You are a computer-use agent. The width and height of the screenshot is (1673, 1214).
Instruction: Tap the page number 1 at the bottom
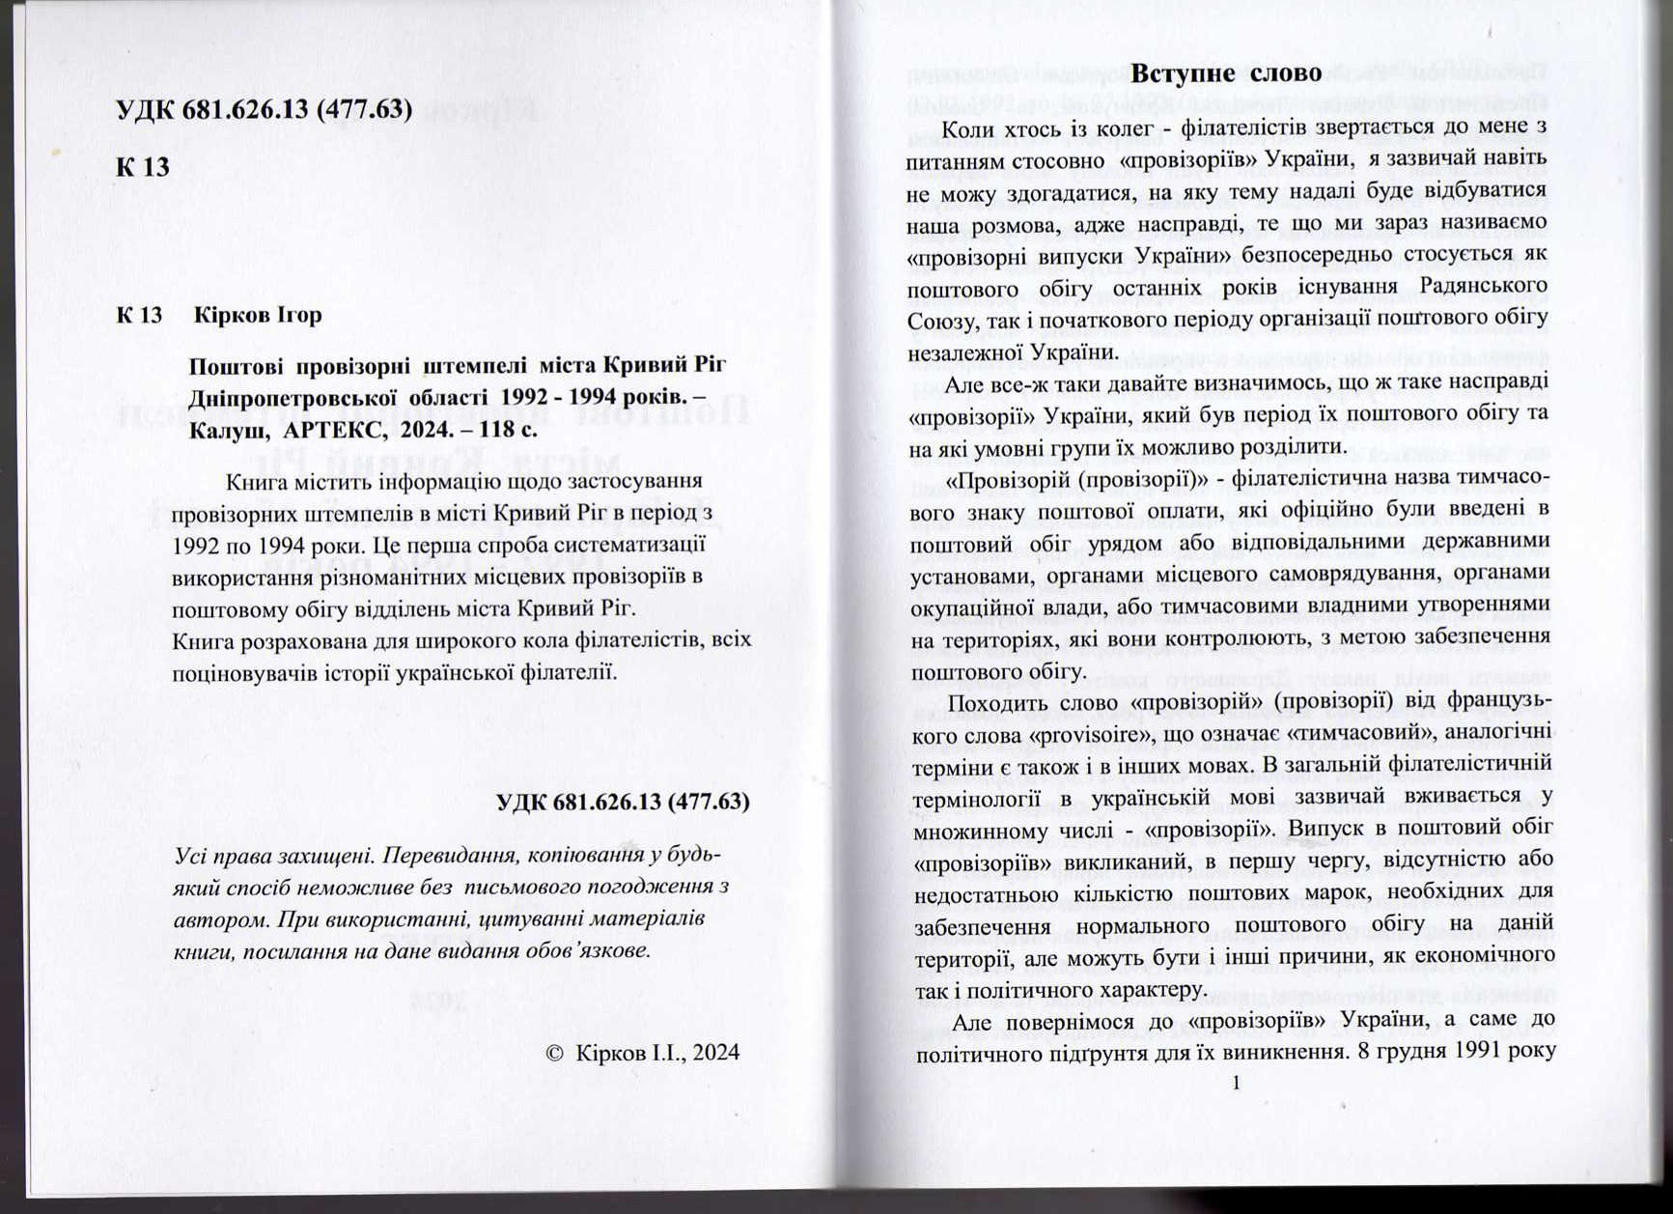coord(1236,1083)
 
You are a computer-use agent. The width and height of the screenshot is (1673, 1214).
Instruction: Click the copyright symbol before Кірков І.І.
coord(554,1053)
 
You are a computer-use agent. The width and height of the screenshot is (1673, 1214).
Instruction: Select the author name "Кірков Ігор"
coord(258,315)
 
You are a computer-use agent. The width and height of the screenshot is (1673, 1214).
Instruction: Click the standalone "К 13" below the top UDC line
coord(143,167)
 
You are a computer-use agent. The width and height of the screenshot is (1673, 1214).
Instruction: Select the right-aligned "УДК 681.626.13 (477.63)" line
coord(623,803)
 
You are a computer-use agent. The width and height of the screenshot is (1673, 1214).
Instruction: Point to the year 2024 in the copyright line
coord(715,1053)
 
